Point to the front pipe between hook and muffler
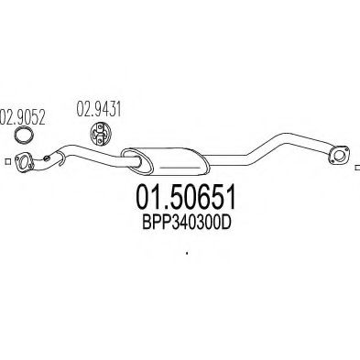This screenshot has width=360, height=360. point(92,158)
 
